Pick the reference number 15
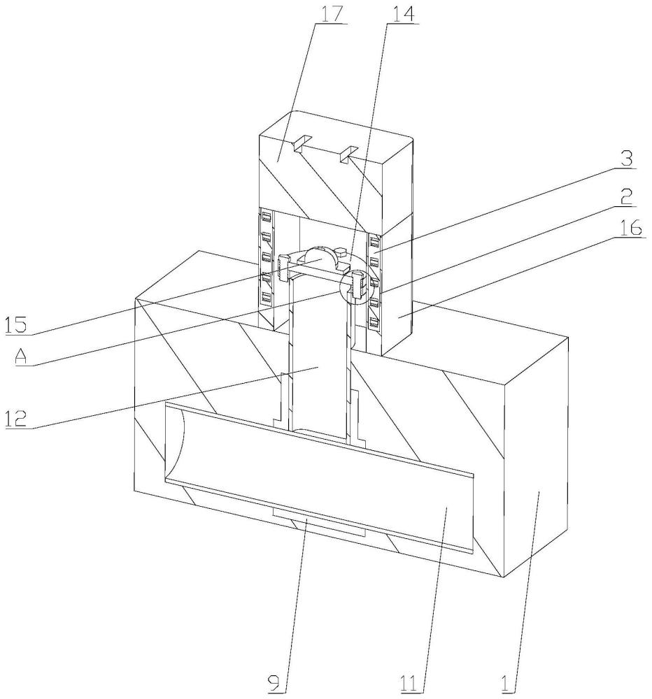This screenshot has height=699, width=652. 16,324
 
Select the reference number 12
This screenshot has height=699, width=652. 17,419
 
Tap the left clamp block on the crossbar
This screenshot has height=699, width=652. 283,268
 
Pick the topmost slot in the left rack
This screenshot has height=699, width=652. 267,217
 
